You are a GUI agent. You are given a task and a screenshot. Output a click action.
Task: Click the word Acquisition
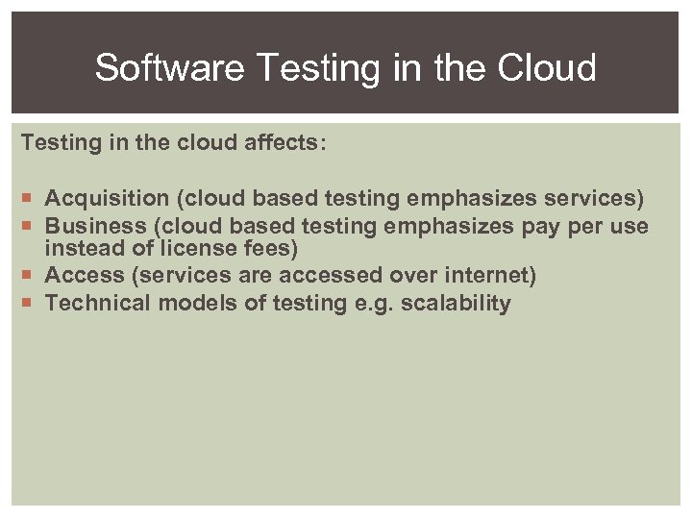coord(108,199)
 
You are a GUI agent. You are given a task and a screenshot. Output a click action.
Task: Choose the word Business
coord(93,226)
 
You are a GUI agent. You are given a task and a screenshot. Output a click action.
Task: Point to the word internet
coord(488,276)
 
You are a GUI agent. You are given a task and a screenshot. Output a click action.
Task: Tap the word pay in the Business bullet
coord(542,226)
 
